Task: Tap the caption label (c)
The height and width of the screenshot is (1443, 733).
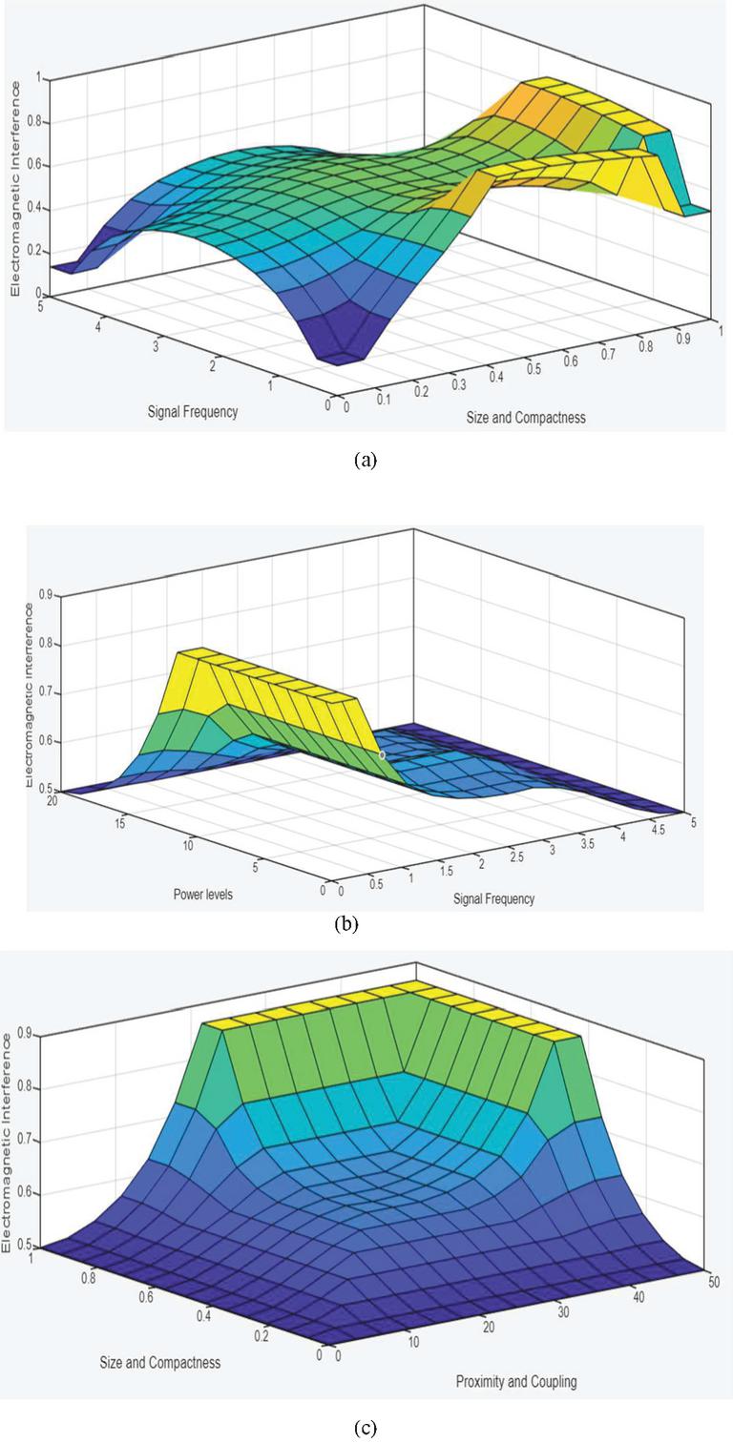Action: [366, 1428]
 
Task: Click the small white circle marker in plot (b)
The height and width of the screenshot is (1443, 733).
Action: [383, 754]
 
